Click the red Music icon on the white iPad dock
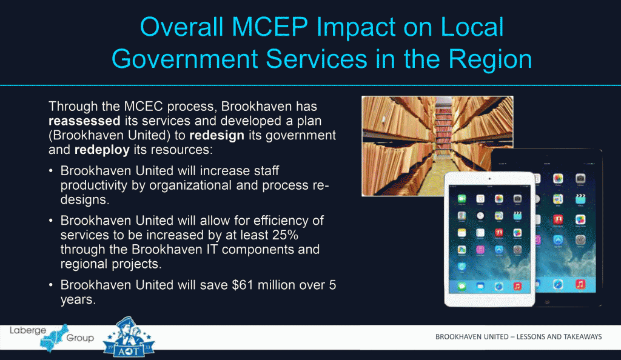pyautogui.click(x=518, y=285)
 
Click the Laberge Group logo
pyautogui.click(x=52, y=337)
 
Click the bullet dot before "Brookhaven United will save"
pyautogui.click(x=52, y=285)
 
